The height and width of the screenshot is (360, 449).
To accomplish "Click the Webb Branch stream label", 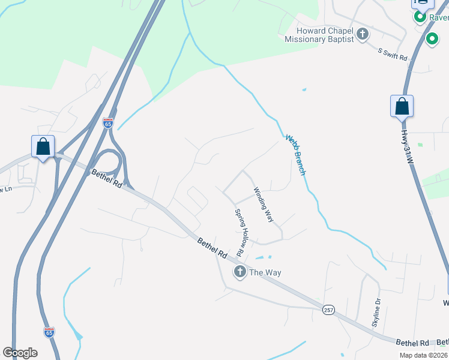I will coord(295,154).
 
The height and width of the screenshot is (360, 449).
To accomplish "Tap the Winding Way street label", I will coord(264,205).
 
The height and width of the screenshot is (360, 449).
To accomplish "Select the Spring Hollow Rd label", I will coord(241,229).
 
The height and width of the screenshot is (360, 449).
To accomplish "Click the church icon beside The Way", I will coord(240,272).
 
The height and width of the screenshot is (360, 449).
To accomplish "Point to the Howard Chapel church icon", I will coord(362,34).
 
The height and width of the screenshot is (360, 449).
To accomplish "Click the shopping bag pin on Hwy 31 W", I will coord(402,107).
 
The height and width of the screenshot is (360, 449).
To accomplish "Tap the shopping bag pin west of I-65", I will coord(43,146).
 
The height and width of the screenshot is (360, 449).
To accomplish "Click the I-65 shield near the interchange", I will coord(107,123).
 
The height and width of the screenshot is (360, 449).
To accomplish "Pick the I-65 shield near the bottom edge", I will coord(49,332).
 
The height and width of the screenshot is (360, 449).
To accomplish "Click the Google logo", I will coord(20,353).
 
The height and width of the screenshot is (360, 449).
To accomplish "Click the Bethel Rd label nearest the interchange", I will coord(107,179).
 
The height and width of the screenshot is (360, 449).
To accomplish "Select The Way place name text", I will coord(265,272).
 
